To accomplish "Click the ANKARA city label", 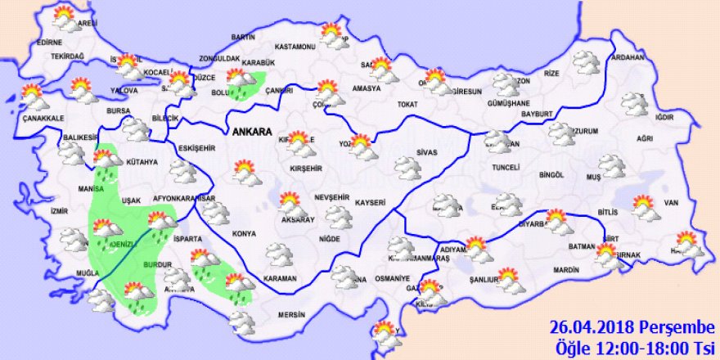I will click(x=253, y=131).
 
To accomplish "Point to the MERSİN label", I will click(x=290, y=315).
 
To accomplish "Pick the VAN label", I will click(x=672, y=203).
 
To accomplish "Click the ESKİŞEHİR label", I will click(x=196, y=147).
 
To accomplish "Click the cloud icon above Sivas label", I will click(x=407, y=168).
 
